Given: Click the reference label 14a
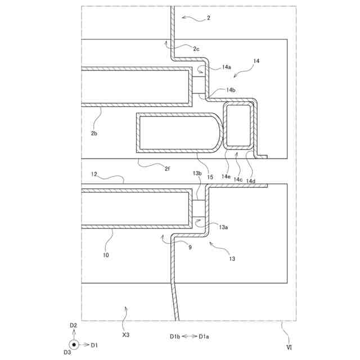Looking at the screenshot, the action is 226,67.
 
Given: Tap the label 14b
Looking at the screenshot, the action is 231,90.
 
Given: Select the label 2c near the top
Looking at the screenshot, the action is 195,49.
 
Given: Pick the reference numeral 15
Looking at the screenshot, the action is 210,177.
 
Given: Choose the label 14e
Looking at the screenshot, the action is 226,176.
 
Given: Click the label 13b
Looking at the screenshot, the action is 197,174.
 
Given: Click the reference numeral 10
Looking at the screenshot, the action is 105,255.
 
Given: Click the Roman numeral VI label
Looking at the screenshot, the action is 289,348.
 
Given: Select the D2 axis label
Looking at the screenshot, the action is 73,326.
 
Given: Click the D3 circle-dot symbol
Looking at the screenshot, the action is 73,344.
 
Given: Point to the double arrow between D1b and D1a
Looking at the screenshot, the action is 188,336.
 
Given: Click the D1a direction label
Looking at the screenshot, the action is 204,336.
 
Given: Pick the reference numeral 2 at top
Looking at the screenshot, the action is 209,19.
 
